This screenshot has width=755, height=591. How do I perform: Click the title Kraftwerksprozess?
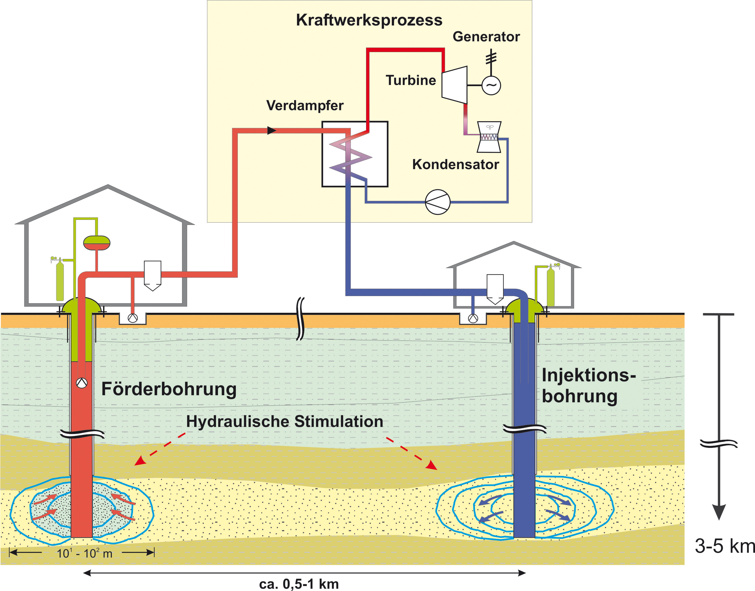click(x=369, y=20)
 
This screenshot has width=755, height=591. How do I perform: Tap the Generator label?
click(x=486, y=37)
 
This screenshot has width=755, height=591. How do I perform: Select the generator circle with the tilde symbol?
click(x=491, y=85)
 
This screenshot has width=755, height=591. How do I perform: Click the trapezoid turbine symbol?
click(x=454, y=85)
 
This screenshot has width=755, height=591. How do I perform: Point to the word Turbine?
click(x=411, y=80)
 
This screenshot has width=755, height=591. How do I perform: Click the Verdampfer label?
click(x=305, y=105)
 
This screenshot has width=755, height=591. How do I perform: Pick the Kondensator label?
click(x=455, y=164)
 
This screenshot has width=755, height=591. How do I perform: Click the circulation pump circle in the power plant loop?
click(x=437, y=202)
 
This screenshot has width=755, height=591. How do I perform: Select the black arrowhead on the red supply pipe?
click(x=272, y=130)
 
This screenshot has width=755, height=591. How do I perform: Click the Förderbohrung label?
click(x=169, y=389)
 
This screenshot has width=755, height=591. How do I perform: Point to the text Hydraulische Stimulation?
click(x=285, y=422)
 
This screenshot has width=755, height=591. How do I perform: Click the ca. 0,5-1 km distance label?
click(x=299, y=584)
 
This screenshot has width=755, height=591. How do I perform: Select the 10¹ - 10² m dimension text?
click(x=84, y=553)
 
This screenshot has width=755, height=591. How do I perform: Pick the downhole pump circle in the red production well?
click(x=82, y=383)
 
